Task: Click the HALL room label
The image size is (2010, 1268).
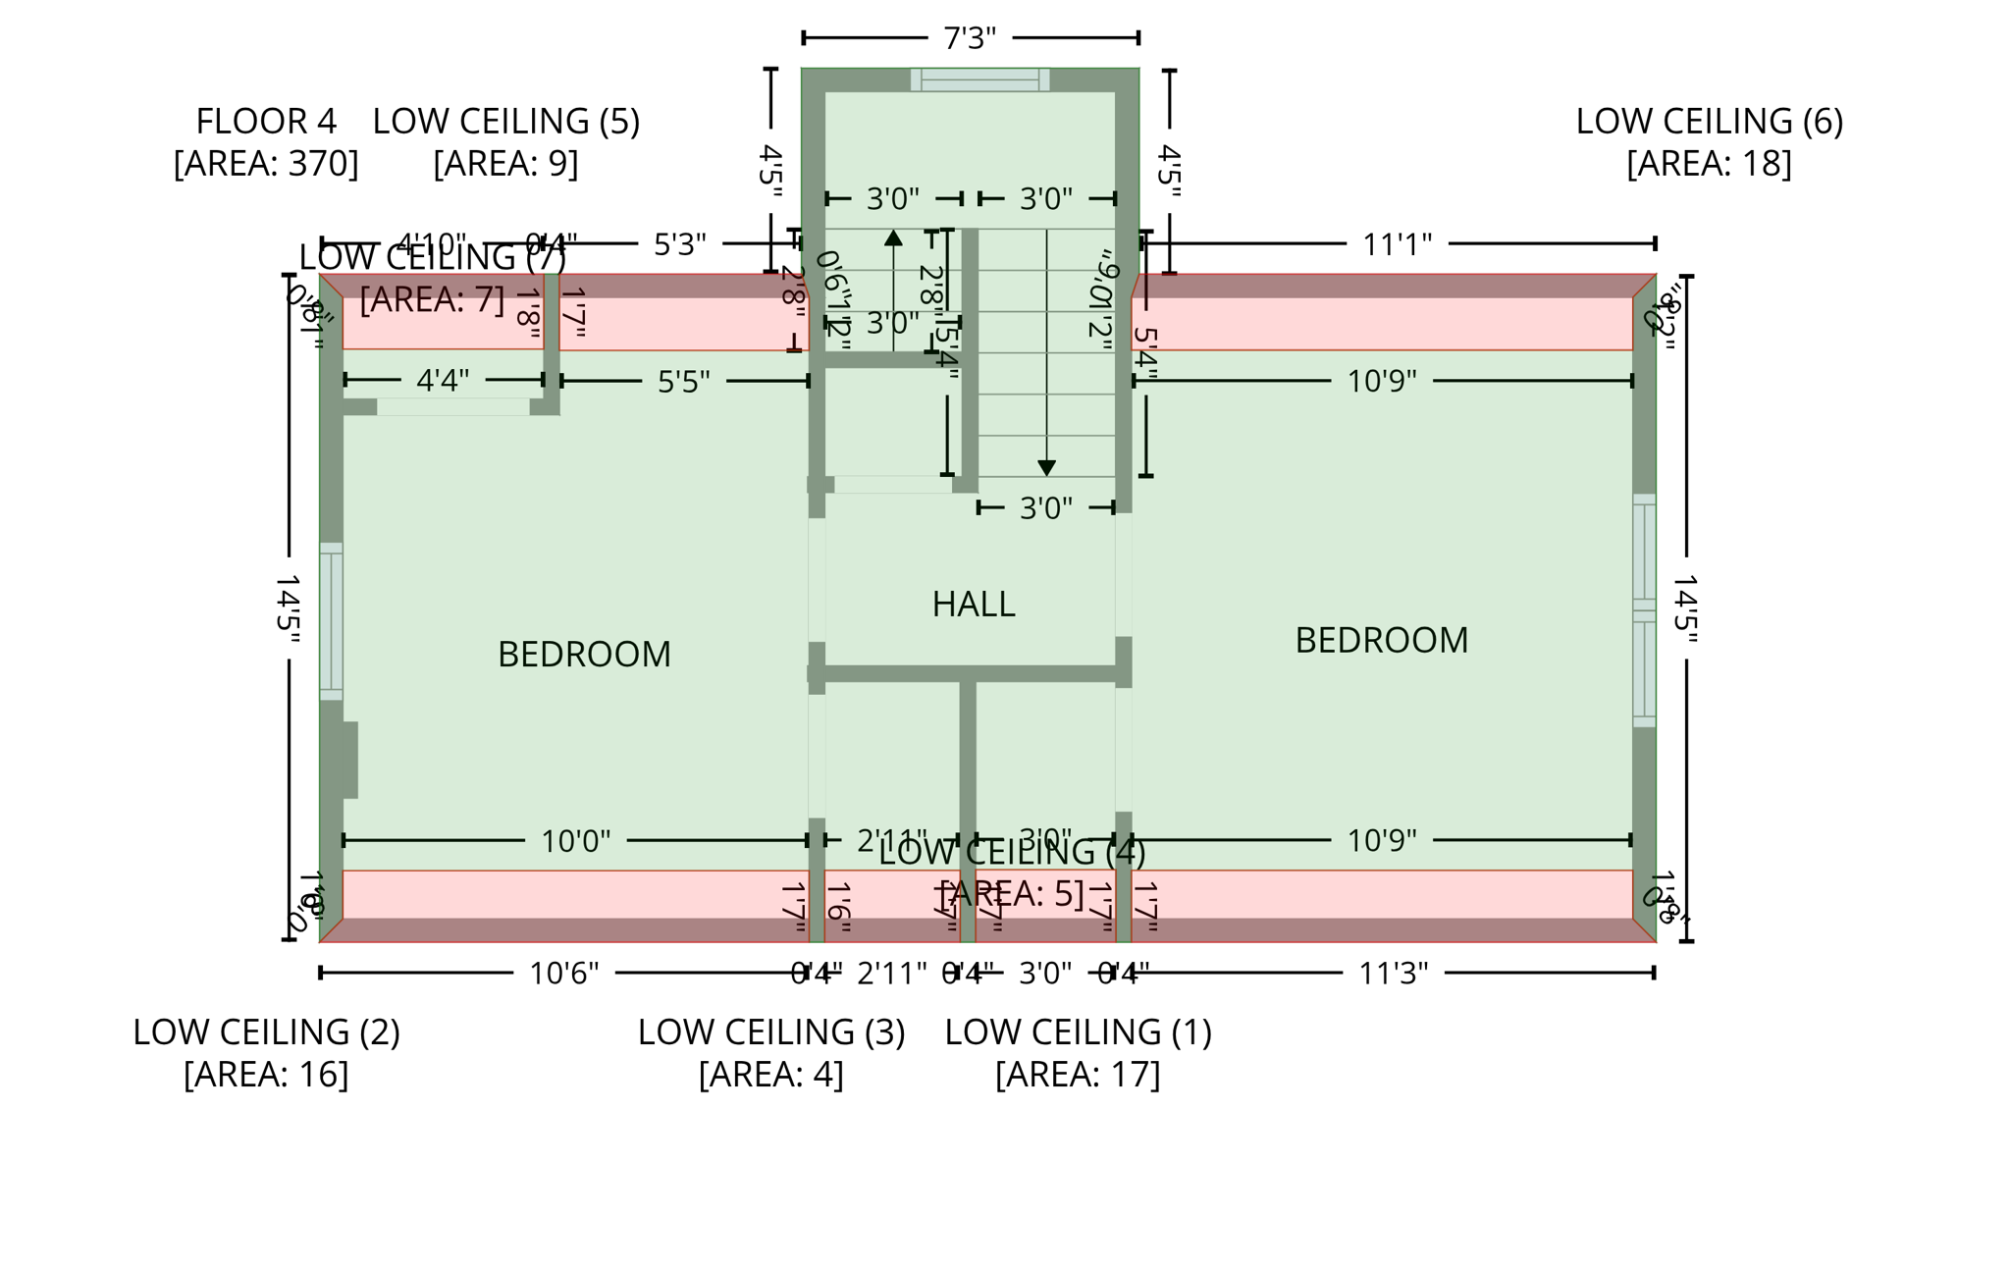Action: coord(973,604)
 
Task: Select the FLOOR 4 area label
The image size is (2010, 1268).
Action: coord(266,141)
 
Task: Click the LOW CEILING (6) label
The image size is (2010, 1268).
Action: coord(1709,141)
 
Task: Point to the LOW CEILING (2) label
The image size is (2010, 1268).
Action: coord(266,1052)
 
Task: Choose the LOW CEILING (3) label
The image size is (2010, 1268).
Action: coord(770,1052)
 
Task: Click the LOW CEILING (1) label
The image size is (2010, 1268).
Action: coord(1078,1052)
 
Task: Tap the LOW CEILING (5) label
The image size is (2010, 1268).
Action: coord(505,141)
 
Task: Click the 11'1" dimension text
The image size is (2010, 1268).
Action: coord(1397,243)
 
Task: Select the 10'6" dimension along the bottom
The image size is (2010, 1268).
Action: coord(563,973)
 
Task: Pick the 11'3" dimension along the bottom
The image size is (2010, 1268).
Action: coord(1393,973)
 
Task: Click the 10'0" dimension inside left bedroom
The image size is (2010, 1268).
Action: coord(575,840)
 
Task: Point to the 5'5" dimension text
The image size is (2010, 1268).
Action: coord(683,381)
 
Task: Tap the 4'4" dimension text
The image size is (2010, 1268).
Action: coord(443,380)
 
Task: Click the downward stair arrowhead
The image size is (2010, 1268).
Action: coord(1046,468)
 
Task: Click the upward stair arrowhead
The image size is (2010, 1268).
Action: coord(893,238)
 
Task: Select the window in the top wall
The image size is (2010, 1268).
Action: coord(979,79)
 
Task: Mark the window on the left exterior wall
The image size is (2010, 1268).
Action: coord(331,620)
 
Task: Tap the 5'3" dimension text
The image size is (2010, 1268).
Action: coord(679,243)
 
